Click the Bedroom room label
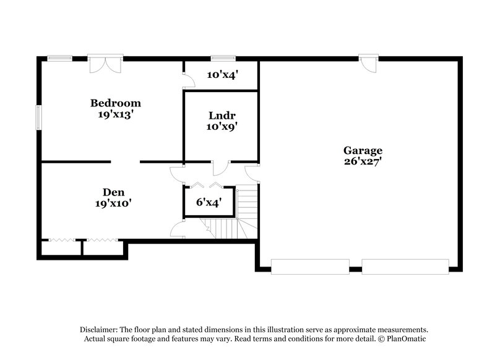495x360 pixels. [116, 103]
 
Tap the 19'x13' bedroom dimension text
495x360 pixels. [116, 114]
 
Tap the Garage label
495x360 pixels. [363, 150]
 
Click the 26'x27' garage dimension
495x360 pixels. [363, 162]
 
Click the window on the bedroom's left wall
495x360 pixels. [38, 118]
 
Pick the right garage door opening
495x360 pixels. [405, 267]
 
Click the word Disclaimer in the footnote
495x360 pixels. [99, 330]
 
